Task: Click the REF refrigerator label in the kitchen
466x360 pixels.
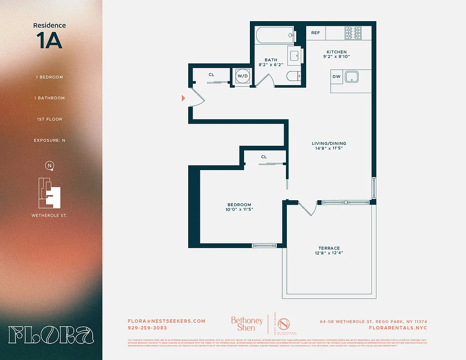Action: [x=315, y=33]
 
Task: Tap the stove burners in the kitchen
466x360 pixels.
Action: [x=353, y=33]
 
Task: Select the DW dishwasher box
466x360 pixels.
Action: [x=336, y=76]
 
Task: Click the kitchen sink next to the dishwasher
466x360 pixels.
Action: [x=352, y=76]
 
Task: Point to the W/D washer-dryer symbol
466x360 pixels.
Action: [x=243, y=76]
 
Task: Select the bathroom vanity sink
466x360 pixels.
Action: [x=294, y=56]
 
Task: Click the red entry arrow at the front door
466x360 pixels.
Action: [x=183, y=98]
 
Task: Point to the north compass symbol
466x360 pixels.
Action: [x=50, y=166]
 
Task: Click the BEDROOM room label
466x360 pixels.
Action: [x=239, y=205]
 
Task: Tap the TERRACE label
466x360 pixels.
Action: [x=329, y=248]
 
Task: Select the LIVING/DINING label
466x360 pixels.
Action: [x=329, y=144]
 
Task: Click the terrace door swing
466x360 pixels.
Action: [x=308, y=208]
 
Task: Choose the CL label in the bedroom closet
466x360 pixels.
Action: [x=264, y=157]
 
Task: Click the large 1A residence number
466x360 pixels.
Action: [x=50, y=41]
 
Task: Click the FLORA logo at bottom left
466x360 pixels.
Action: [x=51, y=335]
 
